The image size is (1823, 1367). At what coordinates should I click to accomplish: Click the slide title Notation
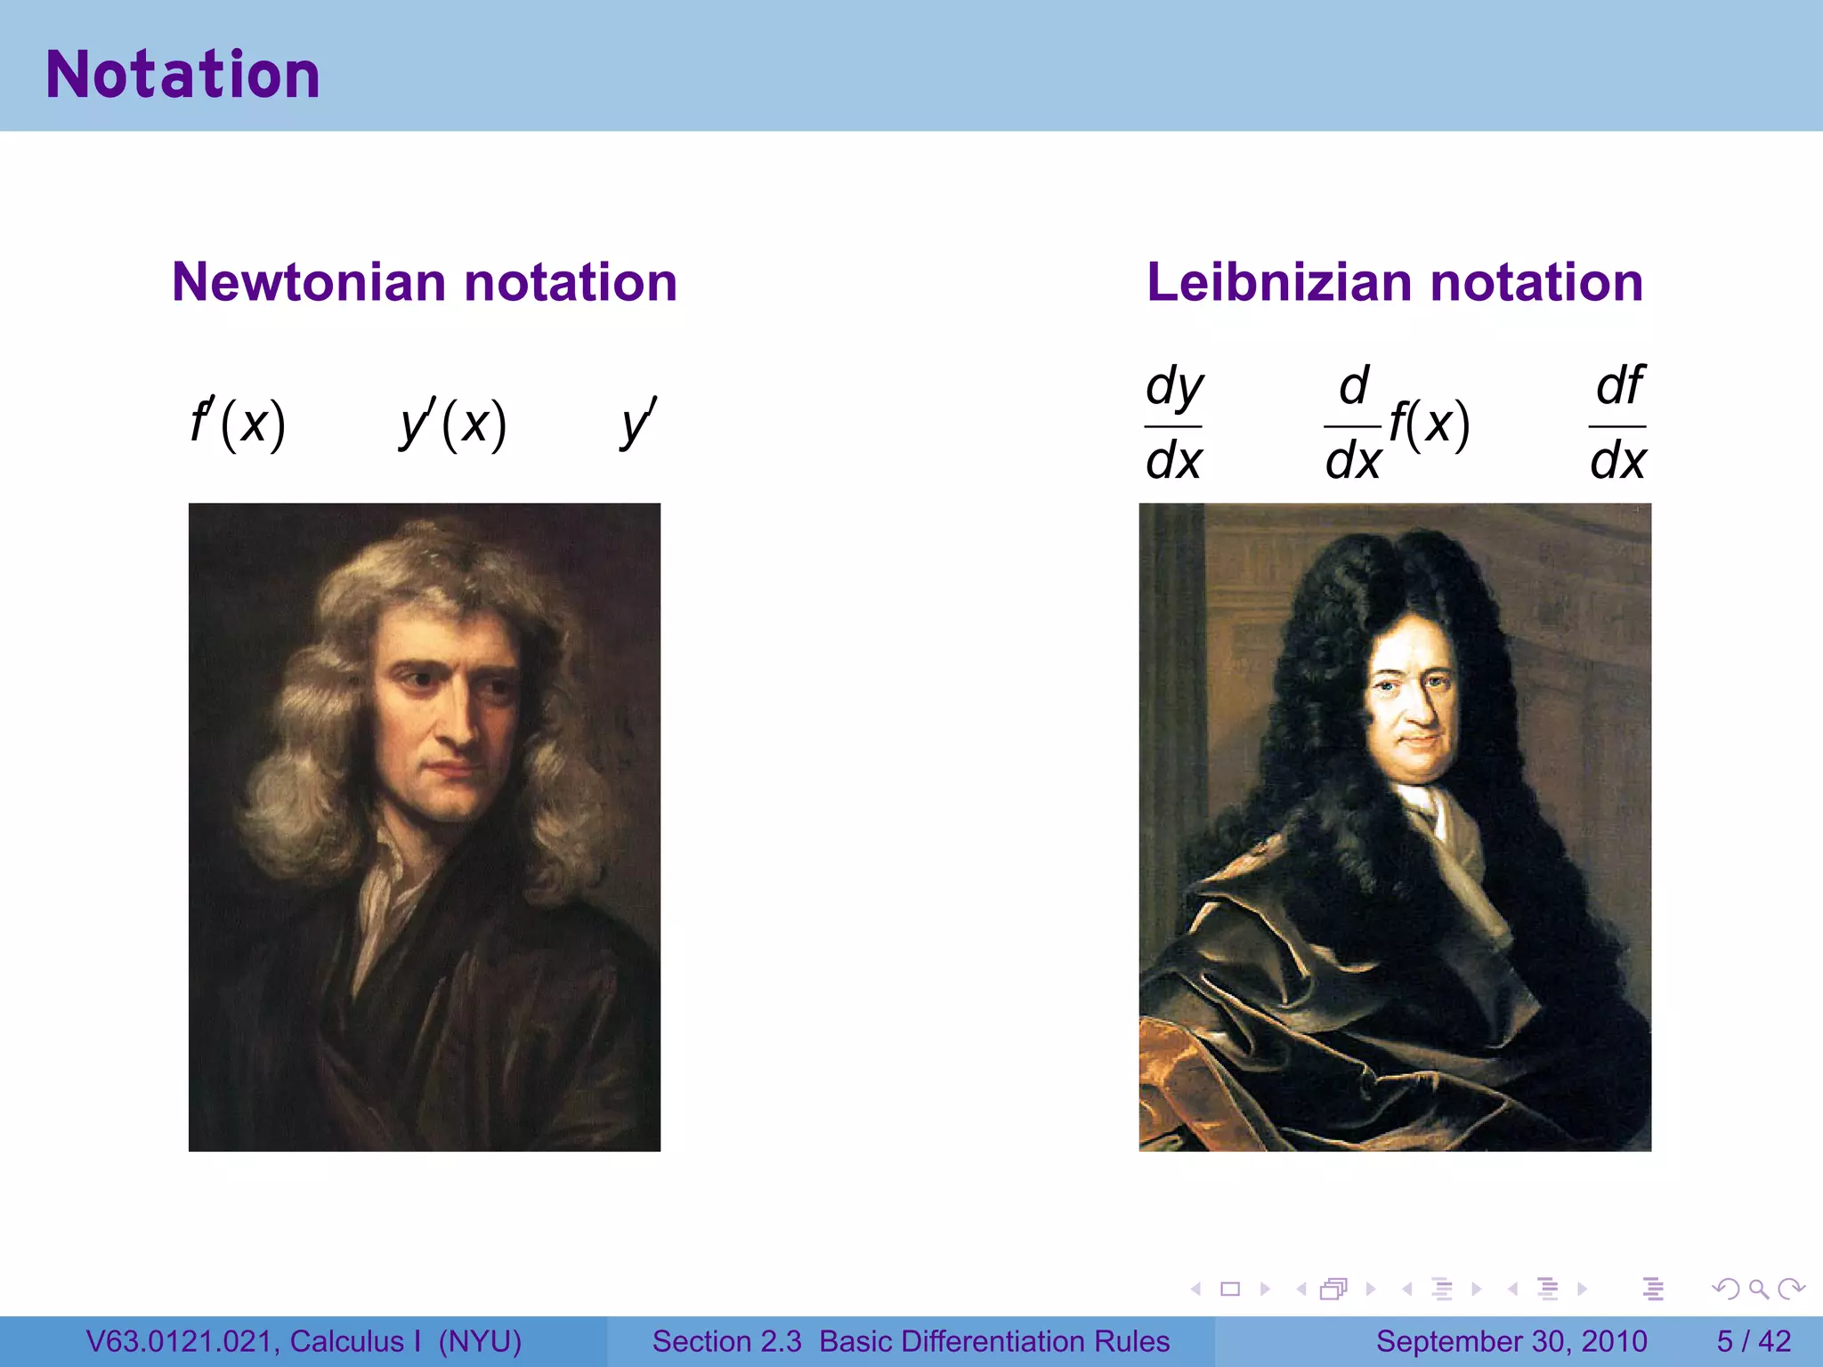tap(182, 75)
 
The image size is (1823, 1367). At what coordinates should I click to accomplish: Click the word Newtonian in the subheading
tap(309, 282)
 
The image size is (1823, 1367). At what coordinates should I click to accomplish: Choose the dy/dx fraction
tap(1173, 425)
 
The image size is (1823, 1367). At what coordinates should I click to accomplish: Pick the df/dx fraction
tap(1617, 425)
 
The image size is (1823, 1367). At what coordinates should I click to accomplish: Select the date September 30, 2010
tap(1511, 1341)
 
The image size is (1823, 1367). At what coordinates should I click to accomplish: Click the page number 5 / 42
tap(1754, 1341)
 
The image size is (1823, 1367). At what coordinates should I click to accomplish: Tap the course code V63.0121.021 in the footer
tap(182, 1341)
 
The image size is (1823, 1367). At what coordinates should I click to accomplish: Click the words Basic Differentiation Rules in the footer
tap(994, 1341)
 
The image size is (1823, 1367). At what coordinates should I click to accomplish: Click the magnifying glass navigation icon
tap(1758, 1289)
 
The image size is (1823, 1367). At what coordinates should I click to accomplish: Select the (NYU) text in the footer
tap(480, 1341)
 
